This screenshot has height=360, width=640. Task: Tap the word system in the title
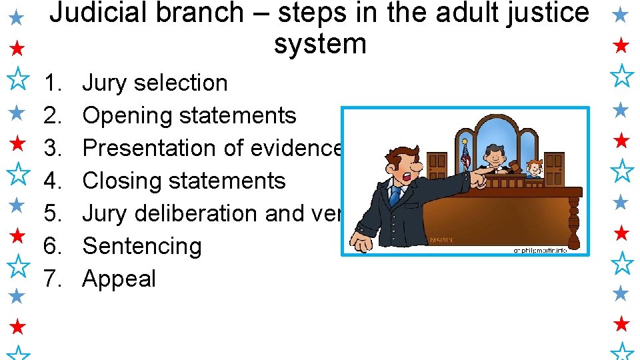click(320, 44)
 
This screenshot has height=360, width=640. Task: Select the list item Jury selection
click(155, 83)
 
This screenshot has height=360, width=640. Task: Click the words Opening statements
click(189, 116)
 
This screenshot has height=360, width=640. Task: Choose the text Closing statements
click(183, 181)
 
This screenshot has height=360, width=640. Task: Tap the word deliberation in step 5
click(197, 213)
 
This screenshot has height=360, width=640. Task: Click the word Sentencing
click(141, 246)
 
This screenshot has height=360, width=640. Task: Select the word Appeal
click(119, 279)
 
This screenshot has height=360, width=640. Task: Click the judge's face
click(494, 155)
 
